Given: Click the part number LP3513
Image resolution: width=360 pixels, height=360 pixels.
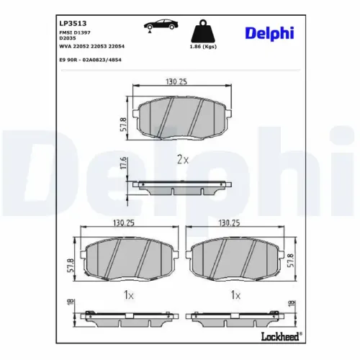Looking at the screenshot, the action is coord(73,23).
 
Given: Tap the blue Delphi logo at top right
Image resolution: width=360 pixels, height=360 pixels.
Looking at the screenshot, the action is coord(269,33).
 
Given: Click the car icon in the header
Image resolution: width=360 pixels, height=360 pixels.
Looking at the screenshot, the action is coord(161,25).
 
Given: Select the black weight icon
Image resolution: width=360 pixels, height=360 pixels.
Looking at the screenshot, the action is coord(203,31).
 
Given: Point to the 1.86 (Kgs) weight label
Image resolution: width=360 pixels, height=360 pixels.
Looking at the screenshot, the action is coord(203,47).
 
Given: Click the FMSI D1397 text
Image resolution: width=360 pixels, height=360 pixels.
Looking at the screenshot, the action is coord(75,32).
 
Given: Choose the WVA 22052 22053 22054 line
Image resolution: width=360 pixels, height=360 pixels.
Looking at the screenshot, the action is coord(92,46).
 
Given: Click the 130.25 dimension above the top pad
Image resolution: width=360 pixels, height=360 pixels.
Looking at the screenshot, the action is coord(176,82).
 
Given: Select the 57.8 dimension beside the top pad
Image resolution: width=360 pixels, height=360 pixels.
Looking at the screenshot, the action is coord(123,125).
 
